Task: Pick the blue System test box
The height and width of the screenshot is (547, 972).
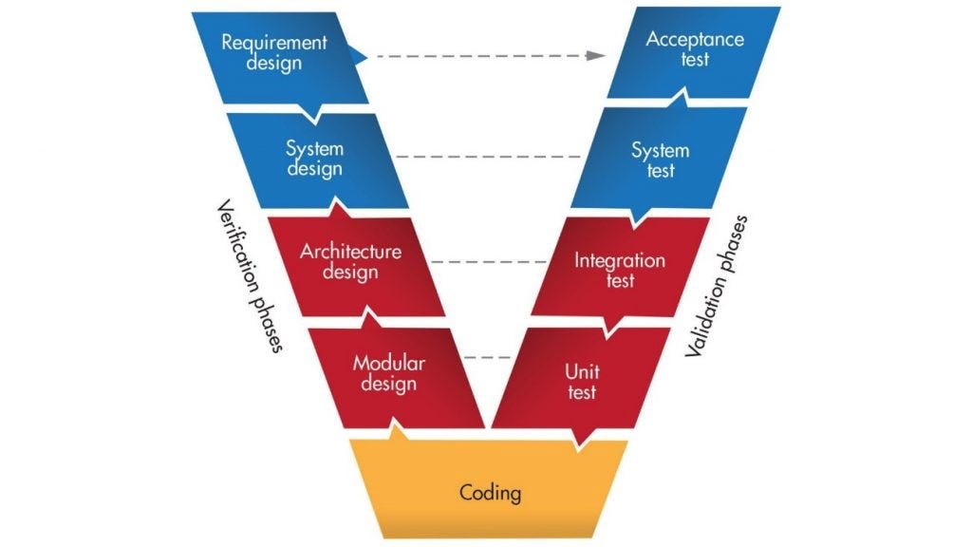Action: (660, 160)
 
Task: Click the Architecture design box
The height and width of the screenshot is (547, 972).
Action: (351, 262)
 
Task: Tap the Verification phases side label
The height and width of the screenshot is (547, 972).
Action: (249, 275)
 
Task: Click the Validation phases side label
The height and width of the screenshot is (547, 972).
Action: (719, 285)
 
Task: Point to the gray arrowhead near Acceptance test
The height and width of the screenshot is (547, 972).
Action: (595, 55)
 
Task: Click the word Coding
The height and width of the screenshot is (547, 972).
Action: (490, 493)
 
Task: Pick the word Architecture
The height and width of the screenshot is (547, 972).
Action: (351, 252)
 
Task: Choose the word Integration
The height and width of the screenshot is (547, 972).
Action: (620, 259)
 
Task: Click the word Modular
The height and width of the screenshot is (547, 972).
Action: (389, 363)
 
